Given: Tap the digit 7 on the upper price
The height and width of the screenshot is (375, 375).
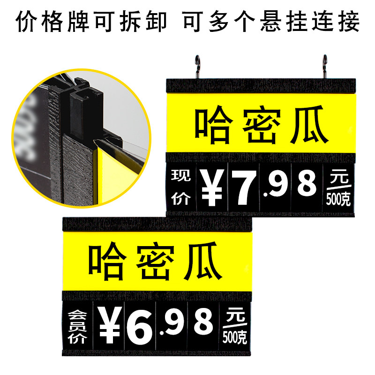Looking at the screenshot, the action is pos(243,186).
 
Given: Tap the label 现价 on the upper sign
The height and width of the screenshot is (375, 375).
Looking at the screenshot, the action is pos(181,187).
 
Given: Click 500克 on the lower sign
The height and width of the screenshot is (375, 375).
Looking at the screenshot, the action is pos(235,336).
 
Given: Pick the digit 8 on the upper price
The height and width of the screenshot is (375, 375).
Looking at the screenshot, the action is pos(307,184).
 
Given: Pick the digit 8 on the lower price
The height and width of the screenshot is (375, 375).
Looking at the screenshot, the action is pos(203,322).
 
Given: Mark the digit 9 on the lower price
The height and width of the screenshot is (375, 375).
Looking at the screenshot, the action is pos(173,323).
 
